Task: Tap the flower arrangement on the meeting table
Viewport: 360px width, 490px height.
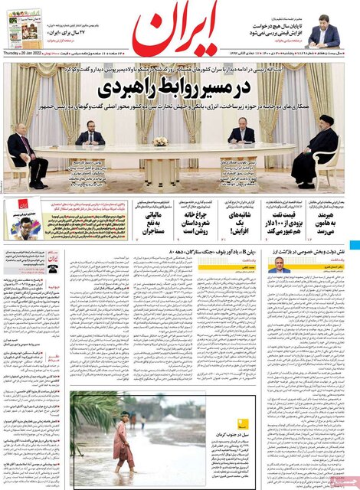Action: (x=160, y=141)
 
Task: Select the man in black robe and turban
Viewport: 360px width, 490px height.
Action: (x=319, y=153)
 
